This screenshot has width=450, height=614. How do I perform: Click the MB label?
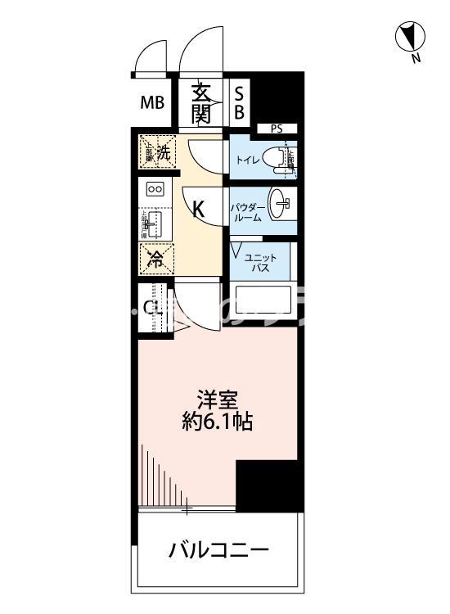152,103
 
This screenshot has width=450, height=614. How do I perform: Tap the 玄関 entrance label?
201,103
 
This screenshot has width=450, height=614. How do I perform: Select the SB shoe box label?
239,103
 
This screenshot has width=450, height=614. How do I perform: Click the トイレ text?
250,160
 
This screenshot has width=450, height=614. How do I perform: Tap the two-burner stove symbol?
155,189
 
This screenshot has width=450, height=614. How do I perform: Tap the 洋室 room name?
216,401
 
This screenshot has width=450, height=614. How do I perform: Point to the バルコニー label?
218,549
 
